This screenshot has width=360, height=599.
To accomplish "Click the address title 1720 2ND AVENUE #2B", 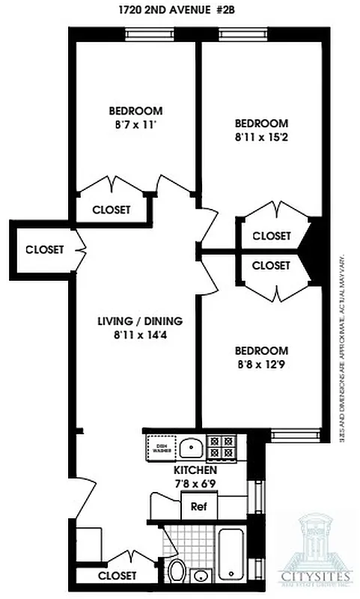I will pos(180,10).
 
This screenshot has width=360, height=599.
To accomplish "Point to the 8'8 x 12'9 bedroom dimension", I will pos(261,365).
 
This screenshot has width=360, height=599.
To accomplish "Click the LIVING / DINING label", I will pos(140,321).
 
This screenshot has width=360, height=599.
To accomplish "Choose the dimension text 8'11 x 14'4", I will pos(140,335).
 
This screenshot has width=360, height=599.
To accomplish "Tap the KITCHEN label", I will pos(195,469).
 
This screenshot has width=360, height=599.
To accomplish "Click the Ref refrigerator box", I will pos(198,505).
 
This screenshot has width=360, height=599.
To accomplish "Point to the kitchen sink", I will pos(192,448).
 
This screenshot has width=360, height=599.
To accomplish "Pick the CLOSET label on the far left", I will pos(44,249).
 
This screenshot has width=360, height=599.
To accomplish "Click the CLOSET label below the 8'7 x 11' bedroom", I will pos(111,210).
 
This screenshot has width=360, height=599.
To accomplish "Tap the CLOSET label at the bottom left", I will pos(118,576).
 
